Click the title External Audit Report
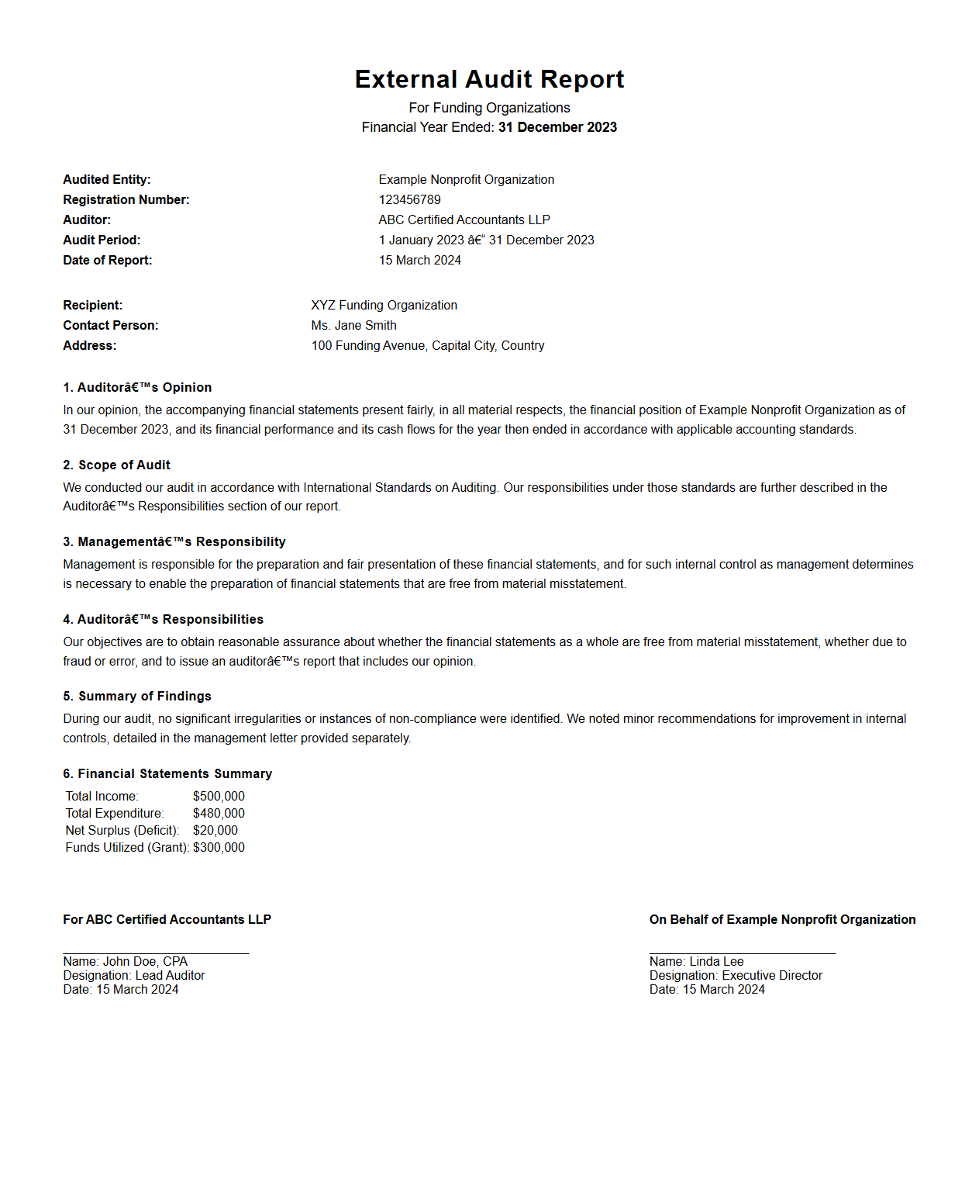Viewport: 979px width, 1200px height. click(489, 79)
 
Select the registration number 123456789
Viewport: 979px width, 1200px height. click(409, 199)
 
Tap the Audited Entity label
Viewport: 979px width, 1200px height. click(107, 179)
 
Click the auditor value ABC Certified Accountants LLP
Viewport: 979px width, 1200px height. click(464, 220)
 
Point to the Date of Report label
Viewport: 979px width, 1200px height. click(108, 260)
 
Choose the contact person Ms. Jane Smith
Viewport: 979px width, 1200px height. click(353, 325)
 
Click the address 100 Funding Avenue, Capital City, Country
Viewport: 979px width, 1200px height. click(427, 345)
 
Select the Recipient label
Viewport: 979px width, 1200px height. click(93, 305)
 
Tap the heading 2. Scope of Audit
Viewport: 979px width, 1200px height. click(116, 465)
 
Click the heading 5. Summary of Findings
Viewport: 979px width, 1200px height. click(137, 696)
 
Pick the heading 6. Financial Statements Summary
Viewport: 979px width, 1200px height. click(167, 773)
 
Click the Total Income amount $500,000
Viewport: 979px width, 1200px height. click(219, 796)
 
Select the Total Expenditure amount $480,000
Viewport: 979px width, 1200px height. click(219, 813)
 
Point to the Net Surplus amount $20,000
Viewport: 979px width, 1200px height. click(215, 830)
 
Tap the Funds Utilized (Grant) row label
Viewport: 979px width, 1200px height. click(127, 847)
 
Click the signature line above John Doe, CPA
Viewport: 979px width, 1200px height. click(156, 953)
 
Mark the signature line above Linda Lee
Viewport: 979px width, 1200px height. click(742, 953)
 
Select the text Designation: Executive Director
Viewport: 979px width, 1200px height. click(736, 975)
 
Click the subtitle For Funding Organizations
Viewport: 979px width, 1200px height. click(489, 108)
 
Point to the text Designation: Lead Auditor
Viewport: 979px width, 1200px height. click(134, 975)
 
